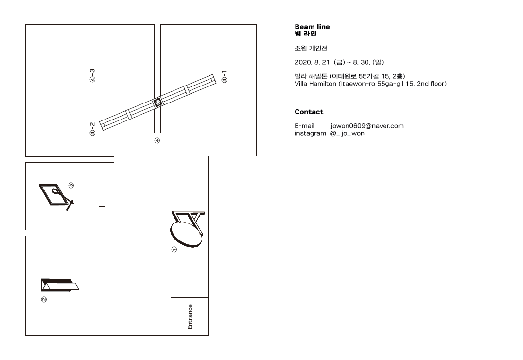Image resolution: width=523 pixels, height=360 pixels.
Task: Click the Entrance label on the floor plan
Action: [x=190, y=317]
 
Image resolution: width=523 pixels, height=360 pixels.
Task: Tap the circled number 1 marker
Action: [x=174, y=250]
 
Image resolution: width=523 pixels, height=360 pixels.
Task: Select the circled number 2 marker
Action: [x=44, y=300]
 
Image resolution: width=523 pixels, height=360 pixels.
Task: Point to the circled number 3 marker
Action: [x=71, y=185]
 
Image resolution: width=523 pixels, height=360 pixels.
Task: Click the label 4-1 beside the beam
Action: [x=224, y=76]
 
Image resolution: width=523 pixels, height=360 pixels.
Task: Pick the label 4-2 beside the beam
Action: [x=92, y=129]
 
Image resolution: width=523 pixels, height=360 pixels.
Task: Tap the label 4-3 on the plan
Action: [x=92, y=75]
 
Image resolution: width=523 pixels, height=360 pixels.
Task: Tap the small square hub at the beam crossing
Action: [x=157, y=103]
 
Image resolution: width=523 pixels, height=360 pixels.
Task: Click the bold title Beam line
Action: [x=312, y=27]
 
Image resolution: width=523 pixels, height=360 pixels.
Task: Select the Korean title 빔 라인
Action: [x=305, y=34]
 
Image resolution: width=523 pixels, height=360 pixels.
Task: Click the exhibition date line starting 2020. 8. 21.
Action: [x=339, y=62]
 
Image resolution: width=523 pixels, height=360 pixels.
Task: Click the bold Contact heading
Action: [x=309, y=112]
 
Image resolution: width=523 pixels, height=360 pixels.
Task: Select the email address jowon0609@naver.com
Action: [x=367, y=126]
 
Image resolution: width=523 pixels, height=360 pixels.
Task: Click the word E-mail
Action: [x=304, y=126]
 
